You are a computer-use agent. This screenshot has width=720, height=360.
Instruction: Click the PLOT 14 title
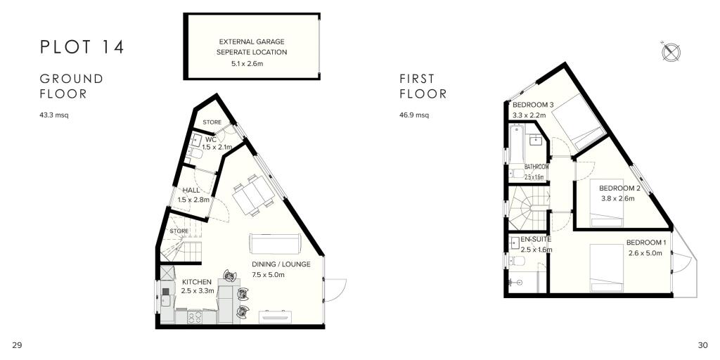point(82,47)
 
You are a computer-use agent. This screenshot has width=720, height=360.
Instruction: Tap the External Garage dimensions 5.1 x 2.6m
point(252,64)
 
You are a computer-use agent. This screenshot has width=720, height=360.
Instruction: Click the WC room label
point(211,139)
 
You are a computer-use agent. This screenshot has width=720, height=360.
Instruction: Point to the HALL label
point(191,190)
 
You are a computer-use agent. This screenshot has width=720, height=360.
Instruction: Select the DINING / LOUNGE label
point(281,264)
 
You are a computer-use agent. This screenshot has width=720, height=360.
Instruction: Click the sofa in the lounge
point(275,243)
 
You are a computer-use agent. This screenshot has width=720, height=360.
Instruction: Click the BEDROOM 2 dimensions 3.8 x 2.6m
point(617,198)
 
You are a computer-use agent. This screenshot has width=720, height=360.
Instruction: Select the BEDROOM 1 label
point(644,244)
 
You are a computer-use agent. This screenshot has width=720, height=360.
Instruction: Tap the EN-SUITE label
point(536,240)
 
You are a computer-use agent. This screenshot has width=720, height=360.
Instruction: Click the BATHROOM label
point(536,167)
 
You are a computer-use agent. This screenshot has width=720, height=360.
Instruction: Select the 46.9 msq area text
point(414,114)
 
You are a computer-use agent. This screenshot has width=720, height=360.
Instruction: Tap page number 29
point(18,345)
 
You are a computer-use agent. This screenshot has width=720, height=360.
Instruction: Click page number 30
point(702,345)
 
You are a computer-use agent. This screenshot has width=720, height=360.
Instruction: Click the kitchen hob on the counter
point(194,317)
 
